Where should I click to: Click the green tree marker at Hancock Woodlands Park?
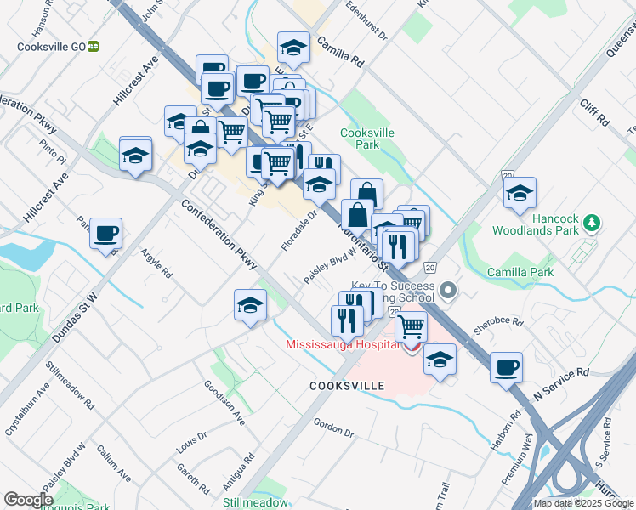[593, 223]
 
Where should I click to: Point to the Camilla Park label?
[520, 272]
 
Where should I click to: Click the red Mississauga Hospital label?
[342, 344]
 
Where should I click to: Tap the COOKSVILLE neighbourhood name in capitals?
[347, 386]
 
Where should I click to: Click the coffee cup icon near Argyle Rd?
[105, 233]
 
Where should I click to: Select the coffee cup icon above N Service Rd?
[506, 367]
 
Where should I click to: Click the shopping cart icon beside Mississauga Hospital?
[411, 326]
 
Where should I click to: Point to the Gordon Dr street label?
[332, 428]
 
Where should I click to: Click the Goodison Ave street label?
[224, 402]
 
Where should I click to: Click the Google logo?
[28, 499]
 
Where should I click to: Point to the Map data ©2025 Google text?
[582, 503]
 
